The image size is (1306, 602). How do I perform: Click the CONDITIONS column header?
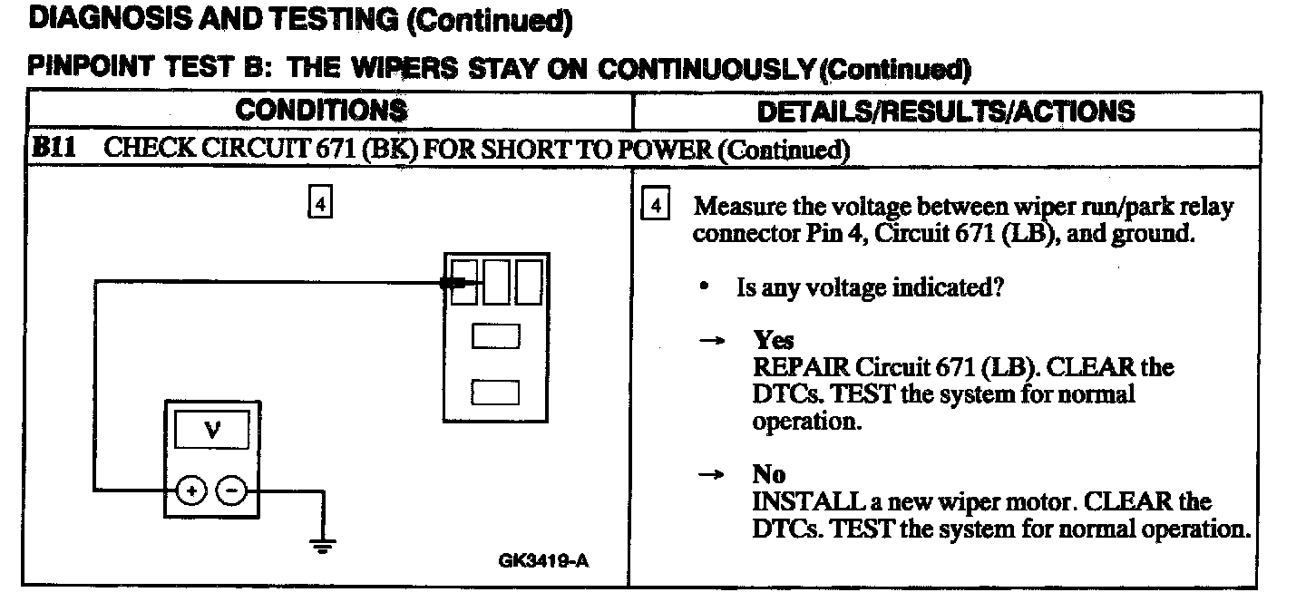pyautogui.click(x=321, y=111)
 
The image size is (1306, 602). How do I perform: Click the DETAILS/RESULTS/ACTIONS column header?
pyautogui.click(x=945, y=111)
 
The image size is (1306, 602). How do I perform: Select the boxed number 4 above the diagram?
pyautogui.click(x=320, y=204)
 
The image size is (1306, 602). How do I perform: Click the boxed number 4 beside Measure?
pyautogui.click(x=655, y=206)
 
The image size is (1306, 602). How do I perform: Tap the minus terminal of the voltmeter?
pyautogui.click(x=233, y=490)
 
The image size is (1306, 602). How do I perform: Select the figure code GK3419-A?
pyautogui.click(x=543, y=560)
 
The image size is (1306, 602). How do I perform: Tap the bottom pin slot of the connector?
pyautogui.click(x=496, y=393)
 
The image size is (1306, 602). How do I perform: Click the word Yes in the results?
pyautogui.click(x=774, y=341)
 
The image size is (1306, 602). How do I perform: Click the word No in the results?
pyautogui.click(x=768, y=474)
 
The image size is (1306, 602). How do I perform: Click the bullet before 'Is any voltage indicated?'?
pyautogui.click(x=705, y=287)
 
